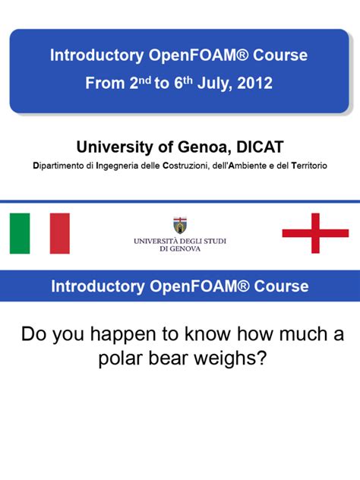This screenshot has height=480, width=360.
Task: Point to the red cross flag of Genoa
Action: [x=315, y=233]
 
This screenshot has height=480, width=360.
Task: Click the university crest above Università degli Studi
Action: [x=180, y=226]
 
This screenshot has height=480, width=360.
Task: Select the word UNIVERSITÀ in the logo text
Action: [x=156, y=242]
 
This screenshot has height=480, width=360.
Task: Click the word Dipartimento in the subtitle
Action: [x=58, y=166]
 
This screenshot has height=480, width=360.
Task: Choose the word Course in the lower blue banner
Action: [x=281, y=286]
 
